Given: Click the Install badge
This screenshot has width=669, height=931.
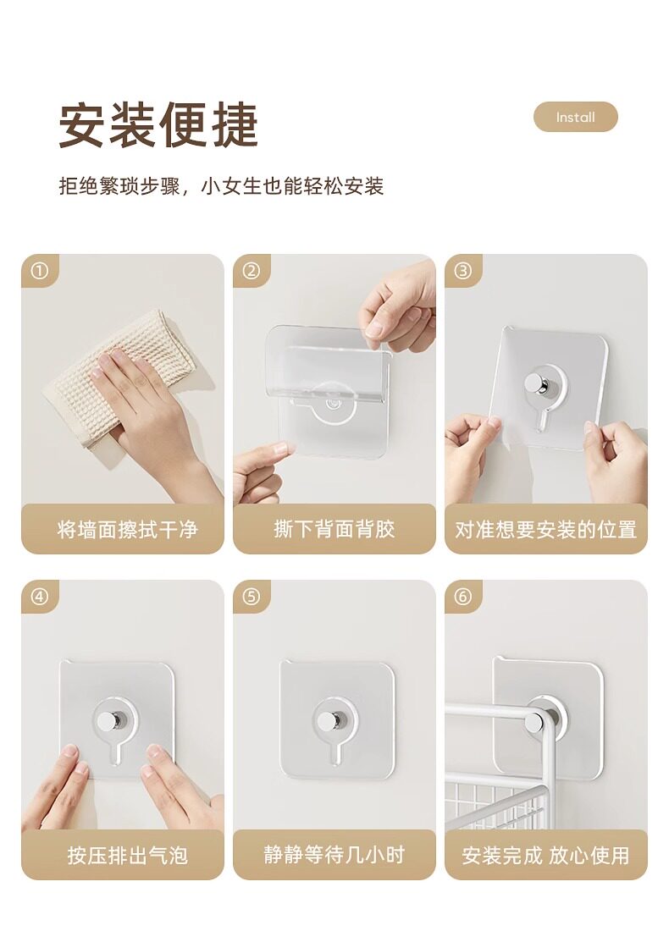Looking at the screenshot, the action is [x=575, y=117].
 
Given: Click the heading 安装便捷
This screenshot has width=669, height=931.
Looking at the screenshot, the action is [x=158, y=124].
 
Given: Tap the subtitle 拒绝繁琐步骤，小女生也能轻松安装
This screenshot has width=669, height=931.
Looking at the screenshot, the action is [x=221, y=186].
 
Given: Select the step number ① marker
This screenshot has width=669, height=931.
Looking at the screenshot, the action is [x=39, y=271].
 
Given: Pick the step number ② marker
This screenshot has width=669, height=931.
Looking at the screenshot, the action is [x=252, y=271].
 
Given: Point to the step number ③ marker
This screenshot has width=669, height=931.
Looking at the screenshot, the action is [x=463, y=271].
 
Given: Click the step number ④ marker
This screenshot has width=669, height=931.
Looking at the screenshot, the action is [x=39, y=596].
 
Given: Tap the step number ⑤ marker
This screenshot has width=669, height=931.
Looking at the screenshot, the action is [x=252, y=596].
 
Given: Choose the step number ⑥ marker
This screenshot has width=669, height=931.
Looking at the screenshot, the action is [x=463, y=596].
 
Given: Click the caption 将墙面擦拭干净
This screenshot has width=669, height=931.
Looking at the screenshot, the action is [x=128, y=529].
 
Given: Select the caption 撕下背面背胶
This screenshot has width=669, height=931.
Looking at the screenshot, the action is [x=334, y=529].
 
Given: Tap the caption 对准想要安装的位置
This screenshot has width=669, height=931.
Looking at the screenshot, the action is [x=546, y=530].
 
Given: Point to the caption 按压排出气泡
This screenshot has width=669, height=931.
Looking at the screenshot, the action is [x=128, y=856].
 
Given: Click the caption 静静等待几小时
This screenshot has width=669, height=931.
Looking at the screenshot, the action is [x=334, y=855].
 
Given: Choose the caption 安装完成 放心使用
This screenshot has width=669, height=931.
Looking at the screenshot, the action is [x=546, y=856].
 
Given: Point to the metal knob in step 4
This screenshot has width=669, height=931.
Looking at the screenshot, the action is [x=109, y=721].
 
